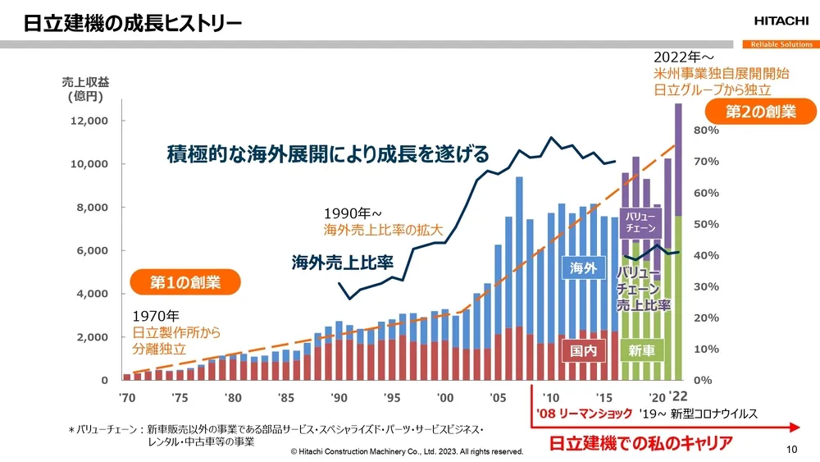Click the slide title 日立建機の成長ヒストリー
coord(132,22)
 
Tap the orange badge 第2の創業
coord(760,112)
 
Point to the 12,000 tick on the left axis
coord(87,121)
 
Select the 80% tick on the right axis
coord(706,130)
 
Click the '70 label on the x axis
coord(127,397)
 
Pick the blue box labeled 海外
coord(581,267)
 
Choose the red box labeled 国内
coord(581,351)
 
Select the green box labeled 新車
coord(640,351)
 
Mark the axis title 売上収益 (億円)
coord(85,89)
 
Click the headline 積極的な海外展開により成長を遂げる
coord(327,153)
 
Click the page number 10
coord(791,449)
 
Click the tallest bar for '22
coord(678,246)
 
